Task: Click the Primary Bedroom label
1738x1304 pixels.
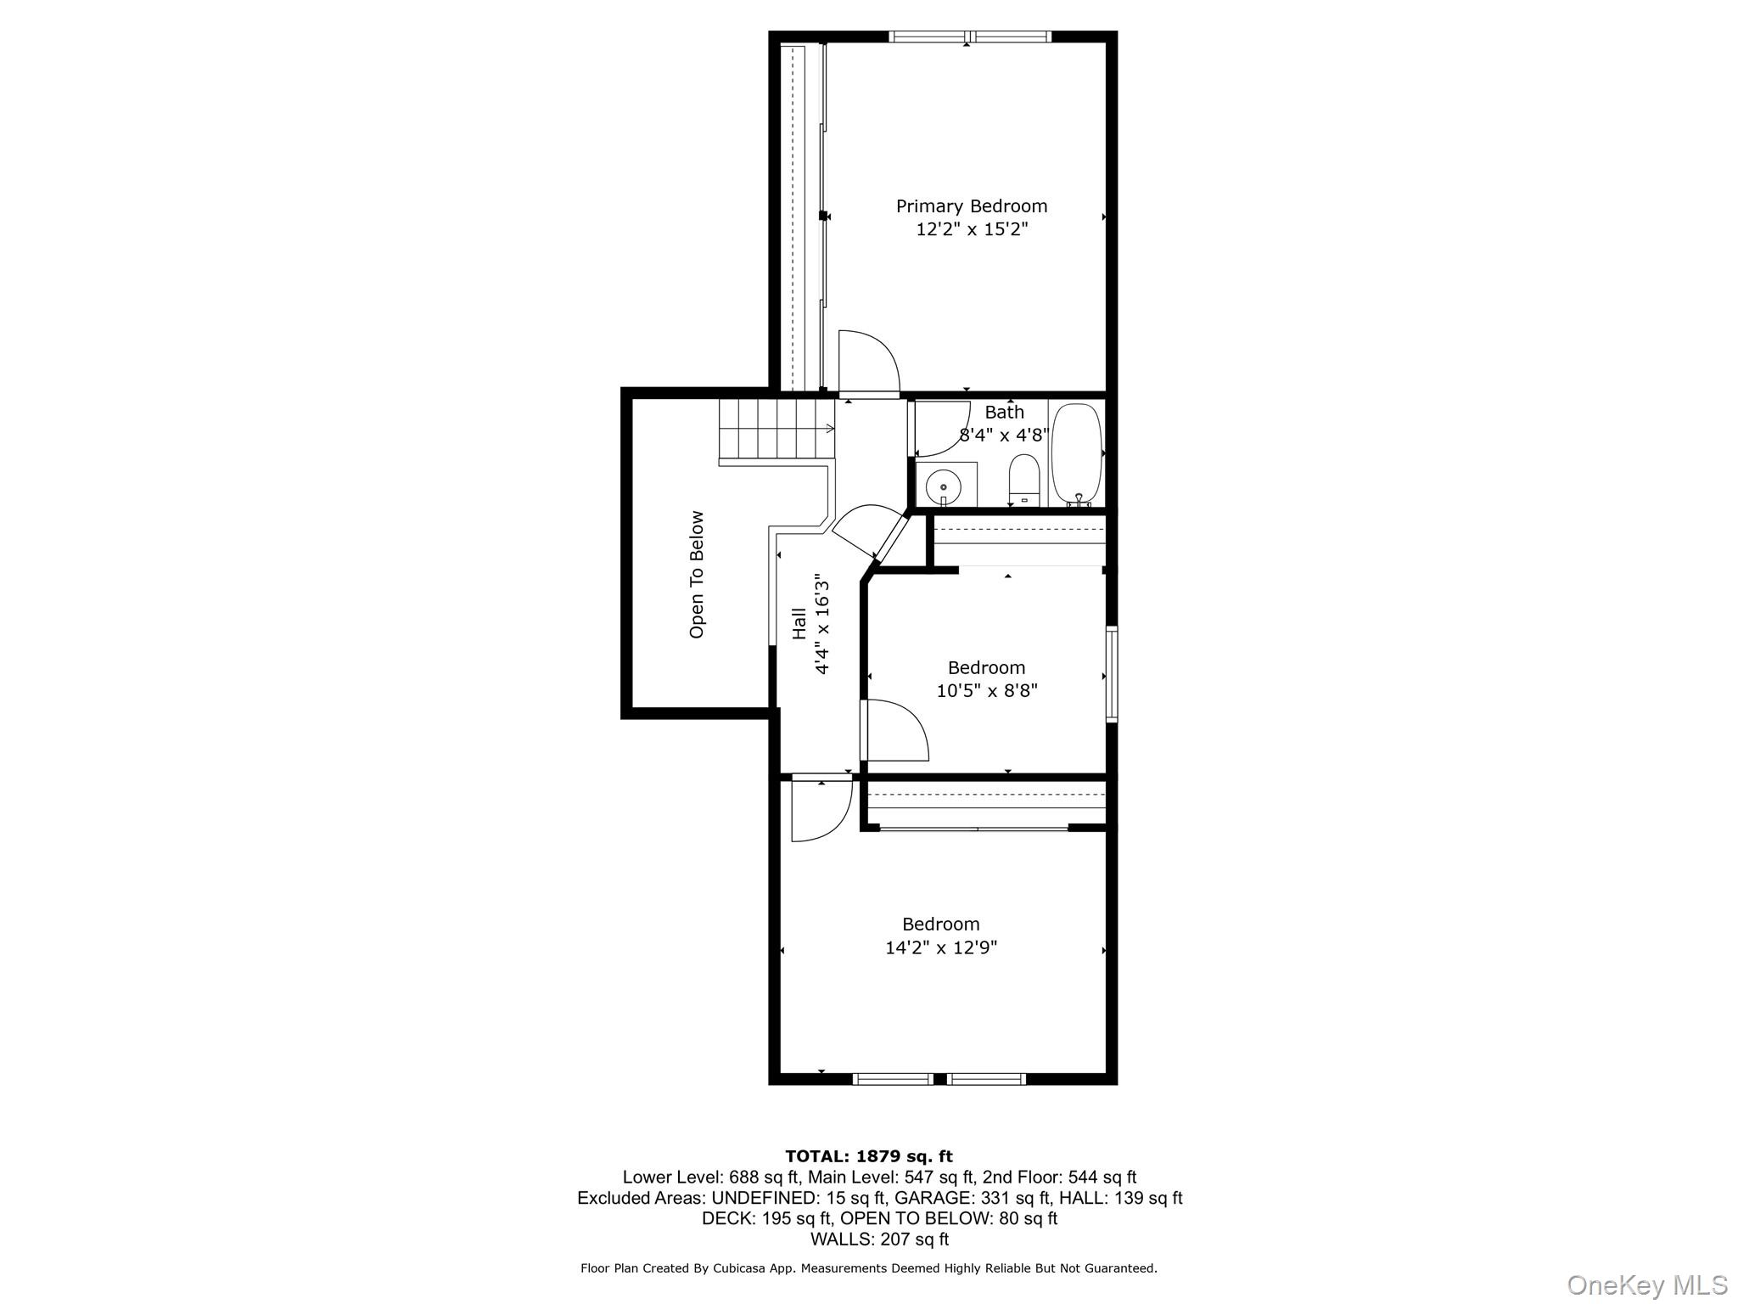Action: tap(972, 206)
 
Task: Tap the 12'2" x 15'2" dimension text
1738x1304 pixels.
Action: tap(972, 229)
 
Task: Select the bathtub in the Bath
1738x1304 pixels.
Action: tap(1077, 454)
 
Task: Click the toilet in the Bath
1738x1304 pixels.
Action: tap(1024, 479)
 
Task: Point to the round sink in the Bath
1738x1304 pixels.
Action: tap(943, 487)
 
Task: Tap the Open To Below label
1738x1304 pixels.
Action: tap(697, 574)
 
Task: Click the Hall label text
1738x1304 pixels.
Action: tap(799, 624)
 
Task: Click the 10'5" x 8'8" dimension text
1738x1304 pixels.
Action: tap(986, 691)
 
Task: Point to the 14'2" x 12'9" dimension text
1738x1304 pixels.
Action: tap(940, 947)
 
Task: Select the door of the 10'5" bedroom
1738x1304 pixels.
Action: tap(893, 730)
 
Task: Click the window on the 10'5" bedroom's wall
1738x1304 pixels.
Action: tap(1111, 674)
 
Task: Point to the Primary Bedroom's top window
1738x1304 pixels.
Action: tap(969, 37)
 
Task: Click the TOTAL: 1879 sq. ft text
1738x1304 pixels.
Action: tap(868, 1156)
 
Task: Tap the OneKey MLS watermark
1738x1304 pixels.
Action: tap(1646, 1284)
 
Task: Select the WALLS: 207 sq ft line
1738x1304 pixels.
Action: tap(879, 1239)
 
